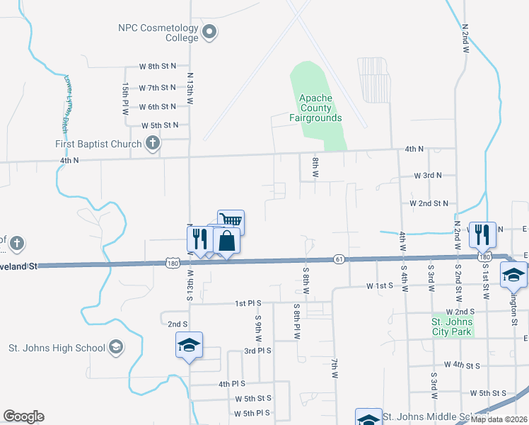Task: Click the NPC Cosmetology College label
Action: tap(157, 33)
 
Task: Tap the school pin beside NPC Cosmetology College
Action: tap(209, 32)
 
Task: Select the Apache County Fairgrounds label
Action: tap(315, 108)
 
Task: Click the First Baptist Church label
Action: tap(99, 144)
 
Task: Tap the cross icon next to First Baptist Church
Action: tap(151, 144)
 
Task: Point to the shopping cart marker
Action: tap(231, 221)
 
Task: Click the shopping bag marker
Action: tap(226, 240)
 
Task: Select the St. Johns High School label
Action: tap(56, 348)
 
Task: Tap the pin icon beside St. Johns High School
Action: tap(115, 348)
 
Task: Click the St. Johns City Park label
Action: tap(451, 327)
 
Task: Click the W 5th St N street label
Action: tap(160, 125)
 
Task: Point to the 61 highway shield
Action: tap(339, 259)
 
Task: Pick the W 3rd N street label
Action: tap(428, 175)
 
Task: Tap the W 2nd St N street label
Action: tap(429, 203)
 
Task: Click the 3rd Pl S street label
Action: tap(257, 351)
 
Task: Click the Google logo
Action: tap(23, 416)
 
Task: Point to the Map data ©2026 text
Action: tap(498, 419)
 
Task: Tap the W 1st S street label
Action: tap(380, 286)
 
